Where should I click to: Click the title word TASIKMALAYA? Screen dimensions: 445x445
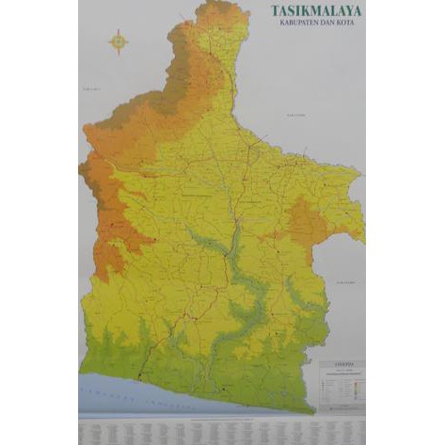pos(316,11)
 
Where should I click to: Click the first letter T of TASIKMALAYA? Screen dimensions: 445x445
pos(275,11)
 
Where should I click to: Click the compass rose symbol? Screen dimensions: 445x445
pos(119,41)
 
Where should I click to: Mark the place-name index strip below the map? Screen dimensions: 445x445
pos(222,428)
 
